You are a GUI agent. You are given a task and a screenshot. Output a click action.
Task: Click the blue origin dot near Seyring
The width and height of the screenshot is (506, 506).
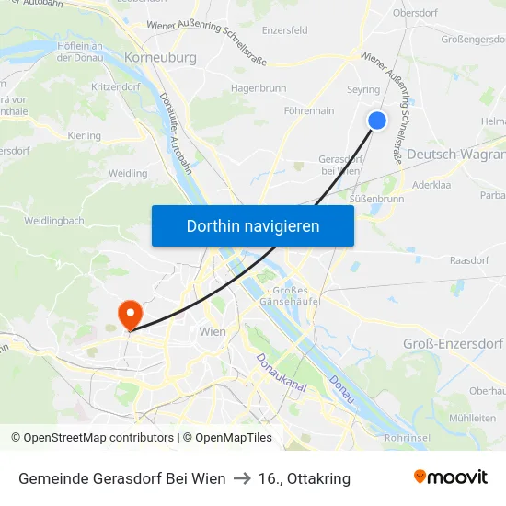pos(377,120)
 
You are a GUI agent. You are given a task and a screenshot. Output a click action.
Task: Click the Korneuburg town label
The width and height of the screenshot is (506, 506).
pos(159,57)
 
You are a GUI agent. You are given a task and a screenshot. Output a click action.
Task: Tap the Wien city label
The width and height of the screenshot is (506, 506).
pos(213,331)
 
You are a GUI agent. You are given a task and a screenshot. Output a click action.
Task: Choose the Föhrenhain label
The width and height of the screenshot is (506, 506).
pos(308,110)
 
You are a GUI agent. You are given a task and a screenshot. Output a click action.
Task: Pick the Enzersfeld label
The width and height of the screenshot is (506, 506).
pos(285,30)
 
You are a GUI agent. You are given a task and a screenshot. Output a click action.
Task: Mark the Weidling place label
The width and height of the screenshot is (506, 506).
pos(128,173)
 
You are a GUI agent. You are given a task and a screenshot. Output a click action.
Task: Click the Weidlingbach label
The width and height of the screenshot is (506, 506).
pos(54,221)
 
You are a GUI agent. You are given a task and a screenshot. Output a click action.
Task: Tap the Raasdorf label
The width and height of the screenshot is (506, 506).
pos(468,260)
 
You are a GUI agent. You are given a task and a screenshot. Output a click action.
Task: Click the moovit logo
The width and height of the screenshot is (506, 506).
pos(450,477)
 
